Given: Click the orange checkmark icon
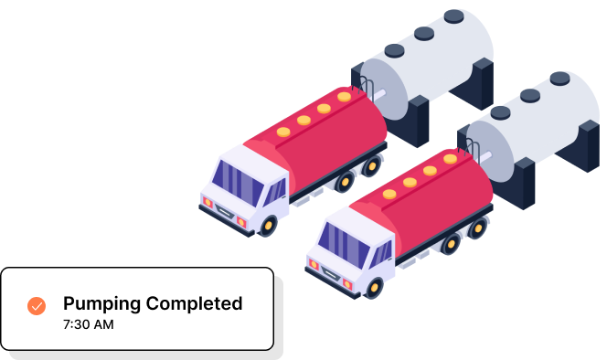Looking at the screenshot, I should (37, 306).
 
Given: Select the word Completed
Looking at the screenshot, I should (195, 303).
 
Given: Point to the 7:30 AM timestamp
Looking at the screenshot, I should (89, 324).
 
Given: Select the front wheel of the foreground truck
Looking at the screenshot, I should (373, 287).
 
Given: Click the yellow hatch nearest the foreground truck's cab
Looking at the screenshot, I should (389, 194).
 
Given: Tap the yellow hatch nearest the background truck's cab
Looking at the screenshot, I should (283, 132).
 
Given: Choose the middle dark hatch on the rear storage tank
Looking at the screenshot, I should (423, 34).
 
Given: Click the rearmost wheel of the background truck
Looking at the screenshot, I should (371, 166).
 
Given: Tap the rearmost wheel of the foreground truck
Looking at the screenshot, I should (476, 228).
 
